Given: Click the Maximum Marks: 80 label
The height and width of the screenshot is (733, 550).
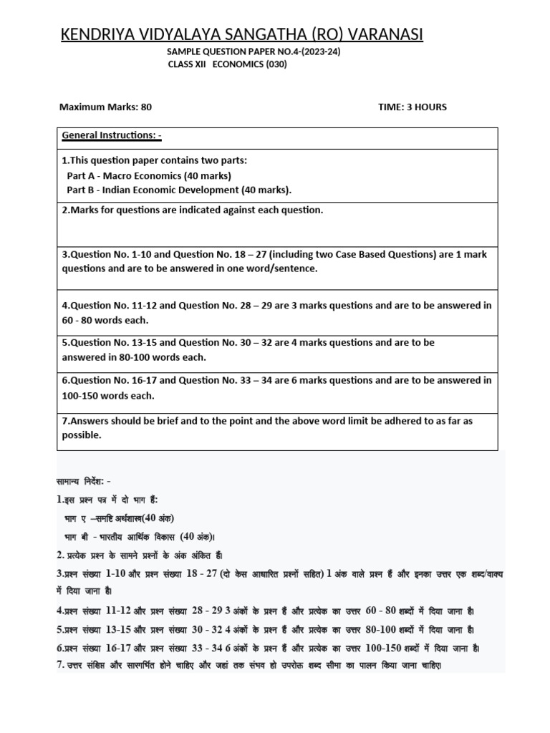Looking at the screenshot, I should click(105, 107).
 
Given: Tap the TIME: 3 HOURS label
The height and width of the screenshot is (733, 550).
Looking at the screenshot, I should click(412, 107).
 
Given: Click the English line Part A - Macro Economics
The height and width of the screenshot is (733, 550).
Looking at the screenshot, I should click(149, 175).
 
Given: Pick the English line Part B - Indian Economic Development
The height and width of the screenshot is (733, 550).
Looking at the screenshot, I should click(179, 190).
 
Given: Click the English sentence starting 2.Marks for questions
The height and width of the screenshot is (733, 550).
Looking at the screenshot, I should click(193, 210).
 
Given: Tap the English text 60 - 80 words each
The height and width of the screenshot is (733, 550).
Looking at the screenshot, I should click(105, 320).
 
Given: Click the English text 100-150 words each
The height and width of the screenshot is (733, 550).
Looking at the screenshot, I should click(108, 396).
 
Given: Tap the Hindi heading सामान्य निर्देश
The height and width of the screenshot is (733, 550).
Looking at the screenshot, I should click(83, 481).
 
